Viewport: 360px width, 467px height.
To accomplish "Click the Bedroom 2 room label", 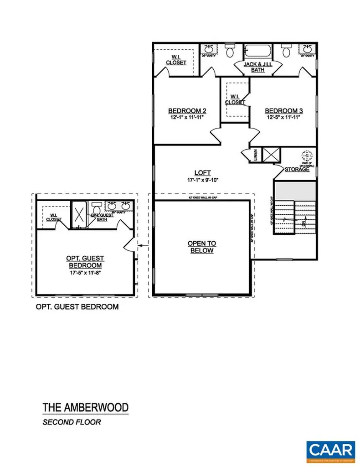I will [x=187, y=110].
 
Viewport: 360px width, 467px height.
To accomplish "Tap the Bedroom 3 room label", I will [x=284, y=110].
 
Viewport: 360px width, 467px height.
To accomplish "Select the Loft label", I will [x=202, y=172].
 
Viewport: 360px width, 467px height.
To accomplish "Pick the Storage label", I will [x=297, y=169].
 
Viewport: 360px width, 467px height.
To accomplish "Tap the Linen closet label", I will [x=256, y=155].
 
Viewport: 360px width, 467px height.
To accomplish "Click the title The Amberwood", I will [x=85, y=407].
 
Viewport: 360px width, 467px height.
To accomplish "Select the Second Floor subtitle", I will [x=72, y=422].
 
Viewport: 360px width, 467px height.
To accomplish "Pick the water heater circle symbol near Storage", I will [x=307, y=155].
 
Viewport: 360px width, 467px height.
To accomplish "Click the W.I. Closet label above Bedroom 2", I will [x=175, y=60].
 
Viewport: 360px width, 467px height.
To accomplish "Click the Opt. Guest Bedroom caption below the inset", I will [x=77, y=307].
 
